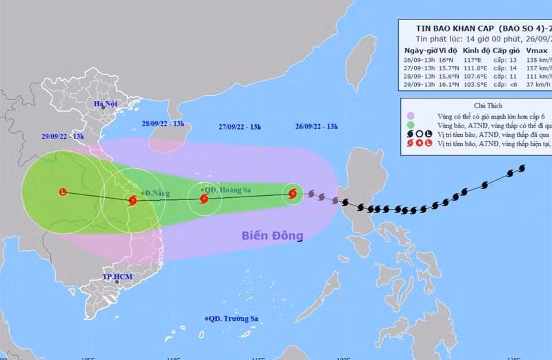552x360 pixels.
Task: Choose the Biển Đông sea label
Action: pyautogui.click(x=273, y=236)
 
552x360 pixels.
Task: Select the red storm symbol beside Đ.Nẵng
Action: pyautogui.click(x=132, y=201)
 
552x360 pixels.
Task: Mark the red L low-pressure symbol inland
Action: pyautogui.click(x=63, y=192)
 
